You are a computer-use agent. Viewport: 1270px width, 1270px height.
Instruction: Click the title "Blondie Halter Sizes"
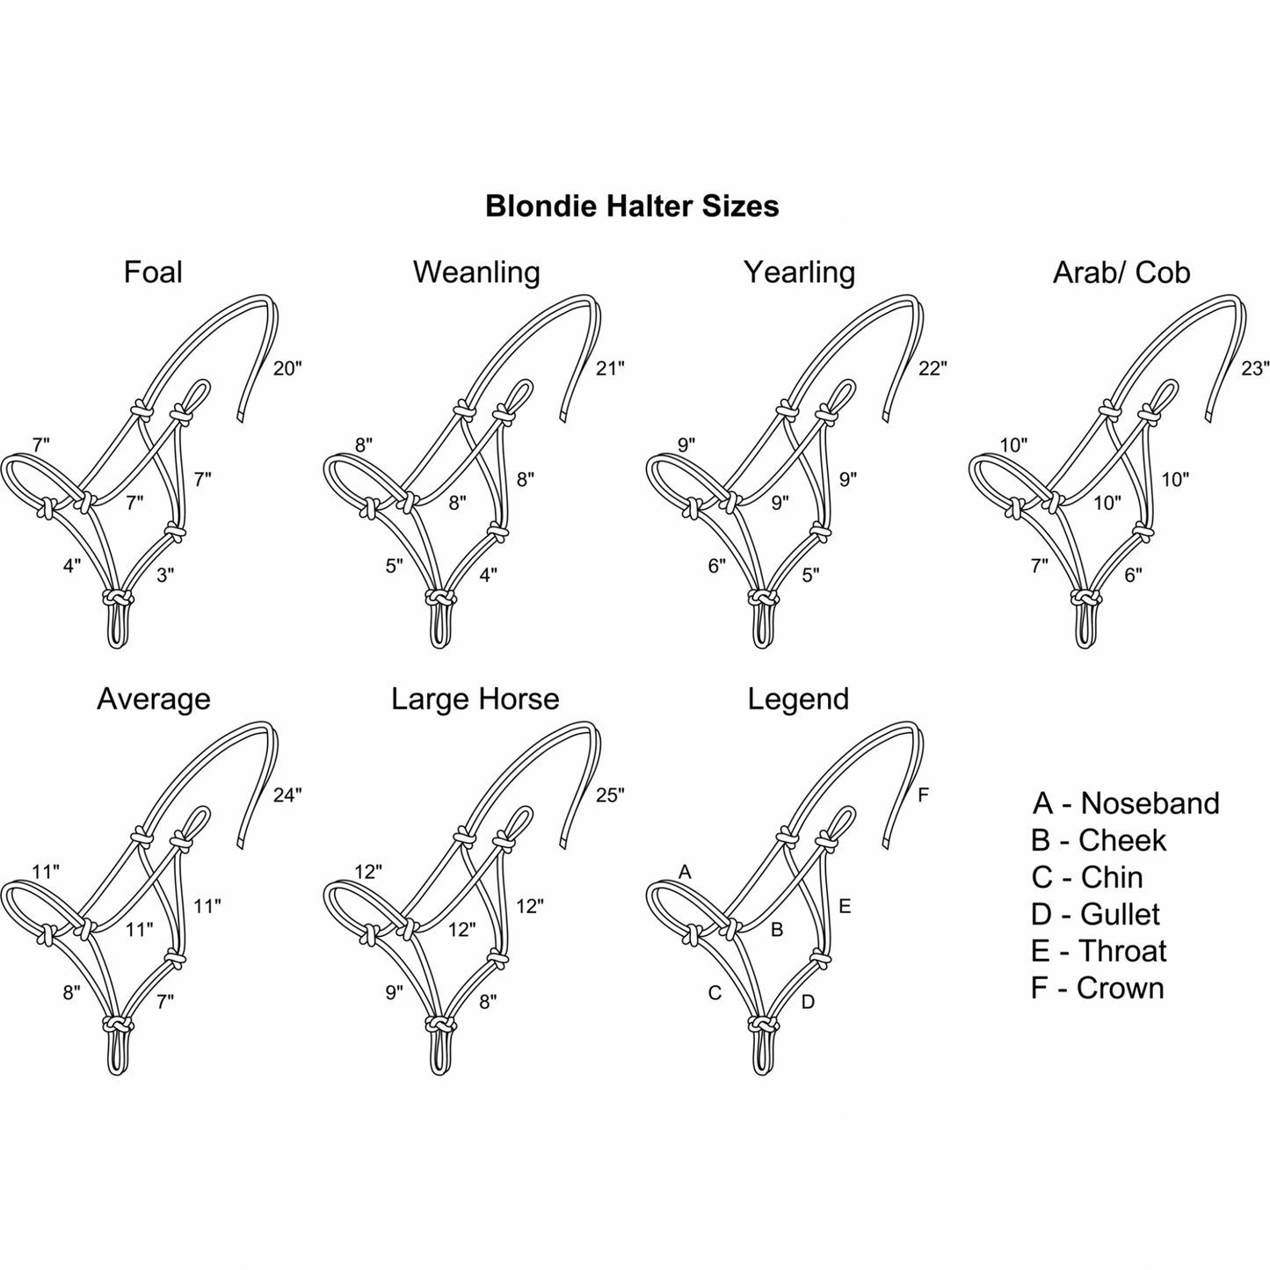632,207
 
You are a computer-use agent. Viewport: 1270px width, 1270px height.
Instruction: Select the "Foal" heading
153,272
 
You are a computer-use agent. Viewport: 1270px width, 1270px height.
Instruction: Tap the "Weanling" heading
476,272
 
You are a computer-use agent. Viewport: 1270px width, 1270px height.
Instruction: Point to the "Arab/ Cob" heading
1121,272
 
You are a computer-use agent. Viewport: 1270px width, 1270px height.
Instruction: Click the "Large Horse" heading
475,700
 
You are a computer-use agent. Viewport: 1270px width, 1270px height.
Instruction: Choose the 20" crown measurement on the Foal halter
287,369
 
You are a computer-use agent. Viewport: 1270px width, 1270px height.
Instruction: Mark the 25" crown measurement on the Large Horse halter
610,795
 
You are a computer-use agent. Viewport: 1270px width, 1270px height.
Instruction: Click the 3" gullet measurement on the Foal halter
165,576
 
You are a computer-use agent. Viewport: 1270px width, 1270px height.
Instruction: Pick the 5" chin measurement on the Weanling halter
394,567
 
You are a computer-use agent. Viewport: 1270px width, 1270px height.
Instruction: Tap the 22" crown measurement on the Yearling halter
933,369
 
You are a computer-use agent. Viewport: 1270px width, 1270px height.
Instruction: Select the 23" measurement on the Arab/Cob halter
1255,369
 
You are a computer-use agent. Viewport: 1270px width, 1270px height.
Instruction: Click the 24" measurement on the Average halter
287,795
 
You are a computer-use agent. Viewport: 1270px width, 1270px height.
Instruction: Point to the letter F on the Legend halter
923,795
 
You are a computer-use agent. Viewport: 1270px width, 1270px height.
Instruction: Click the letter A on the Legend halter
686,872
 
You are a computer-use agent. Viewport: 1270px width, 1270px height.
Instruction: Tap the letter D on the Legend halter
808,1001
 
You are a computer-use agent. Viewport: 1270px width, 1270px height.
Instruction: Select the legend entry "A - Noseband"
1126,803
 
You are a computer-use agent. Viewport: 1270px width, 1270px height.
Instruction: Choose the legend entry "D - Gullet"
1095,914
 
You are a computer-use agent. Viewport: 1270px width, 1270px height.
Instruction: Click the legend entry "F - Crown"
1097,988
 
